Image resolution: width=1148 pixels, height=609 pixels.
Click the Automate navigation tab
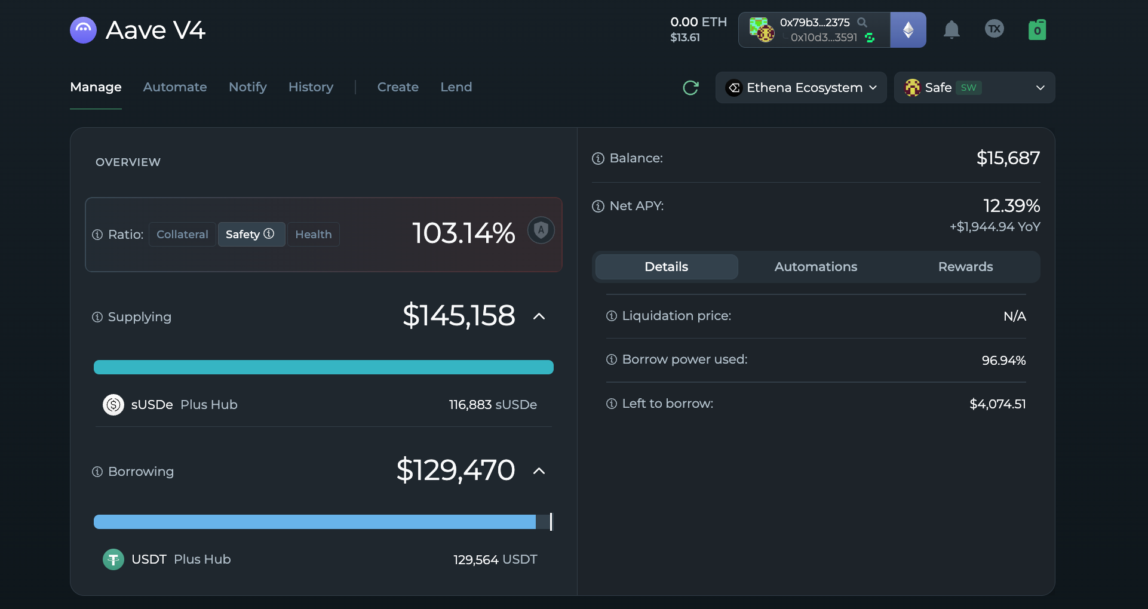pyautogui.click(x=175, y=87)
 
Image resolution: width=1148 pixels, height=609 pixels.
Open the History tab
pyautogui.click(x=311, y=87)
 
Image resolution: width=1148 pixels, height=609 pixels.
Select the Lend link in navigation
pyautogui.click(x=456, y=87)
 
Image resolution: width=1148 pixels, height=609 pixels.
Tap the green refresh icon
pyautogui.click(x=690, y=88)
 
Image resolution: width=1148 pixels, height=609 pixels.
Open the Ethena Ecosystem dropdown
pyautogui.click(x=801, y=88)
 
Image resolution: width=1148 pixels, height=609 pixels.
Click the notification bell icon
pyautogui.click(x=951, y=29)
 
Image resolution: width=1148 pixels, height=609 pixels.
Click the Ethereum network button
pyautogui.click(x=908, y=30)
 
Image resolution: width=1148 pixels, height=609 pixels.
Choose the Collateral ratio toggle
pyautogui.click(x=182, y=235)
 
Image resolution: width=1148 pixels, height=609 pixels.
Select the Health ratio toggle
pyautogui.click(x=314, y=235)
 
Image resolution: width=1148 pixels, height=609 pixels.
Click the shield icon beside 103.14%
pyautogui.click(x=541, y=230)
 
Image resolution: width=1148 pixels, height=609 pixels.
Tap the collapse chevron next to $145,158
pyautogui.click(x=539, y=316)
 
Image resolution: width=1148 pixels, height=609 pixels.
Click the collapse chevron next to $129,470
pyautogui.click(x=539, y=471)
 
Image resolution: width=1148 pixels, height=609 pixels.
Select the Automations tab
pyautogui.click(x=816, y=267)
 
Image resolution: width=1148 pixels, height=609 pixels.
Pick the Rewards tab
pyautogui.click(x=965, y=267)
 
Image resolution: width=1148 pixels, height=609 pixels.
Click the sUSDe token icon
pyautogui.click(x=113, y=405)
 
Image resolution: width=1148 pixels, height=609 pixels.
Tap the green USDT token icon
pyautogui.click(x=113, y=559)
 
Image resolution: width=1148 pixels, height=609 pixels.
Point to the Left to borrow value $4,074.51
pyautogui.click(x=997, y=404)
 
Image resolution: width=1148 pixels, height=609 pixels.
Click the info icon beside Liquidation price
pyautogui.click(x=612, y=316)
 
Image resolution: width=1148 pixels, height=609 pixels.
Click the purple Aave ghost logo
pyautogui.click(x=84, y=30)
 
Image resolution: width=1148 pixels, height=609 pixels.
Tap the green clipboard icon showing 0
pyautogui.click(x=1038, y=30)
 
